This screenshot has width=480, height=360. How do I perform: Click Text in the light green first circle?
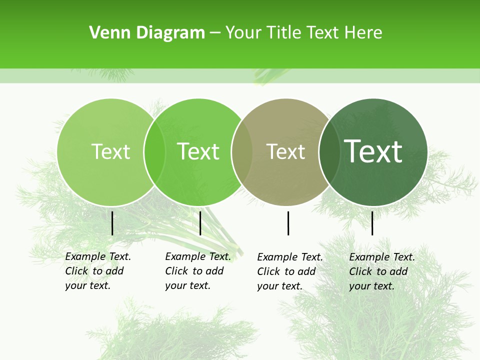tap(110, 151)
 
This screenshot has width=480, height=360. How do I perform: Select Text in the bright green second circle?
tap(198, 151)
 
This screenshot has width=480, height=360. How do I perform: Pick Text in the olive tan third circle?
tap(285, 151)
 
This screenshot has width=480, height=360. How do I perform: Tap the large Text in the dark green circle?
tap(373, 151)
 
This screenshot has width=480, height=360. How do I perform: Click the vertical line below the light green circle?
tap(112, 223)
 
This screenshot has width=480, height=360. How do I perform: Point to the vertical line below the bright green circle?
tap(200, 223)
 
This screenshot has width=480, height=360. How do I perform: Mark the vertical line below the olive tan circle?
tap(288, 223)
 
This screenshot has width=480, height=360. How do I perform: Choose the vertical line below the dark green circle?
tap(372, 223)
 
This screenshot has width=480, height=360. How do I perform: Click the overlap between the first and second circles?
tap(154, 152)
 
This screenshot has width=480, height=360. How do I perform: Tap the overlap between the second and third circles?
tap(241, 152)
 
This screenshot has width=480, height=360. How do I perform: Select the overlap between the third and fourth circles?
tap(328, 152)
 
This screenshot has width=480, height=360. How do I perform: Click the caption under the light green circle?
tap(97, 271)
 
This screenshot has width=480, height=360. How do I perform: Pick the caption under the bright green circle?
tap(197, 271)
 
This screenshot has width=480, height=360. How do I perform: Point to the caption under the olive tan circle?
tap(289, 271)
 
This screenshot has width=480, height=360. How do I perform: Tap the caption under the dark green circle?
tap(381, 271)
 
